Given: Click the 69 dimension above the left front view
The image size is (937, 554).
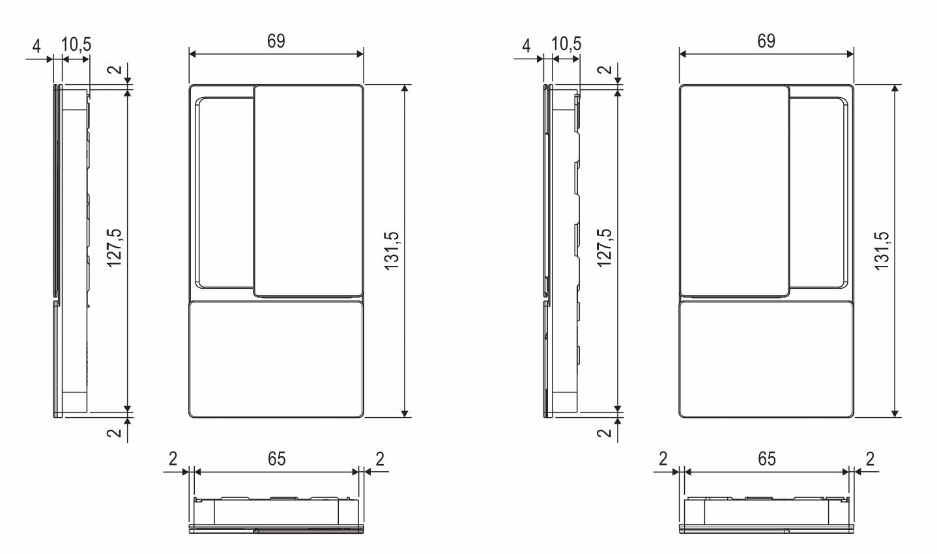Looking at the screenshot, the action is [x=276, y=41].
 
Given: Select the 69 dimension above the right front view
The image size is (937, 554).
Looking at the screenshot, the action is [x=766, y=41].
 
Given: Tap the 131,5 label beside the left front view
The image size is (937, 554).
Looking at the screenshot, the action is [x=392, y=251].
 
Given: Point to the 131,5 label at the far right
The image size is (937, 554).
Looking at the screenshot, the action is [x=882, y=251].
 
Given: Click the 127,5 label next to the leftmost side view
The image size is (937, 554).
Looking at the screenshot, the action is [x=114, y=248].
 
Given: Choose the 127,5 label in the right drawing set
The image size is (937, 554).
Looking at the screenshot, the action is [x=605, y=248].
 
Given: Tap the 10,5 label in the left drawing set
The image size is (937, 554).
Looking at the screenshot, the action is [x=76, y=44].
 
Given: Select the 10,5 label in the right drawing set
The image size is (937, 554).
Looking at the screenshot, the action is [x=566, y=44].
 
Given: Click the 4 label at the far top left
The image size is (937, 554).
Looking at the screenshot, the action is [x=36, y=46].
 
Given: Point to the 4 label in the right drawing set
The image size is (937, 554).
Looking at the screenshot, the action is [x=526, y=46].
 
